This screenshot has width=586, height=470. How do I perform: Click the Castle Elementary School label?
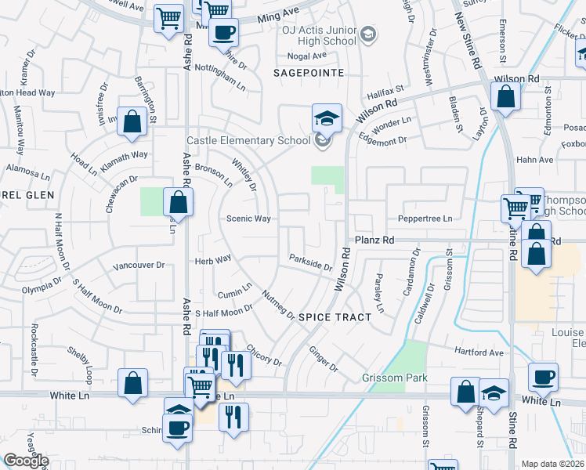[248, 141]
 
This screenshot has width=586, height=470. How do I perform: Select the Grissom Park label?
[395, 378]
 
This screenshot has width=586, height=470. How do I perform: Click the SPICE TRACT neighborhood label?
[328, 316]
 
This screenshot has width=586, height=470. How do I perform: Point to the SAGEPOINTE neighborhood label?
[309, 72]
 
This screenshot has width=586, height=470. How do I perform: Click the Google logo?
[26, 461]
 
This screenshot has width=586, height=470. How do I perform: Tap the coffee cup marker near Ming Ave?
[223, 33]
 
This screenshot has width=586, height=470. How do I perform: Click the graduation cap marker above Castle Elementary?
[327, 118]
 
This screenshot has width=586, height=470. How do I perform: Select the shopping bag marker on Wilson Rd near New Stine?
[506, 97]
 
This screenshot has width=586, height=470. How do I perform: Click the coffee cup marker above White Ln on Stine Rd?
[542, 377]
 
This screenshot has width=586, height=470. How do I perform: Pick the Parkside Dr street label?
[310, 262]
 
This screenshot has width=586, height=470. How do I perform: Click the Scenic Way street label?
[249, 219]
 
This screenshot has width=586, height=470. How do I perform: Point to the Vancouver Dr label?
[139, 266]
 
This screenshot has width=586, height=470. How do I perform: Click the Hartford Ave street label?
[481, 352]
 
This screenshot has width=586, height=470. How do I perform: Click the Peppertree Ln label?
[425, 219]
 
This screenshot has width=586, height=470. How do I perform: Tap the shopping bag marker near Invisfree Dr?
[132, 121]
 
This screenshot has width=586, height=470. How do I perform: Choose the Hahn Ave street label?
[534, 160]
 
